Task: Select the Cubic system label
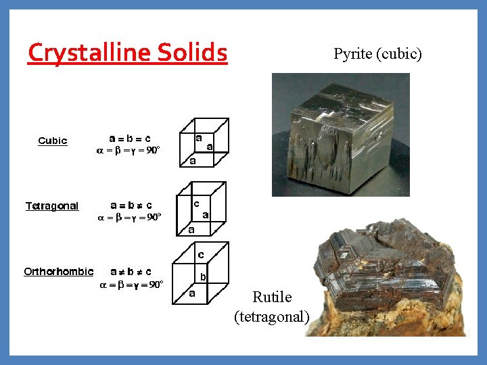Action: coord(53,141)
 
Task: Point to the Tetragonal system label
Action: coord(52,205)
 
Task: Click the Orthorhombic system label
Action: coord(59,272)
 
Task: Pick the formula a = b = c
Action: coord(131,139)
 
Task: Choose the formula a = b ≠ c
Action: coord(131,205)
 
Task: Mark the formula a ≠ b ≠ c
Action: coord(131,272)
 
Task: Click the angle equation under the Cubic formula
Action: coord(129,151)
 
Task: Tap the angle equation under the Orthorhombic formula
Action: coord(131,285)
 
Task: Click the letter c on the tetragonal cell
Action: coord(196,202)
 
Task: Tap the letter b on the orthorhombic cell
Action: coord(203,276)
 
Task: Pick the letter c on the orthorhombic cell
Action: coord(201,254)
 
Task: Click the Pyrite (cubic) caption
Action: coord(377,53)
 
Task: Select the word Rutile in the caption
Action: coord(272,297)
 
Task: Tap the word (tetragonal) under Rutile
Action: coord(272,316)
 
